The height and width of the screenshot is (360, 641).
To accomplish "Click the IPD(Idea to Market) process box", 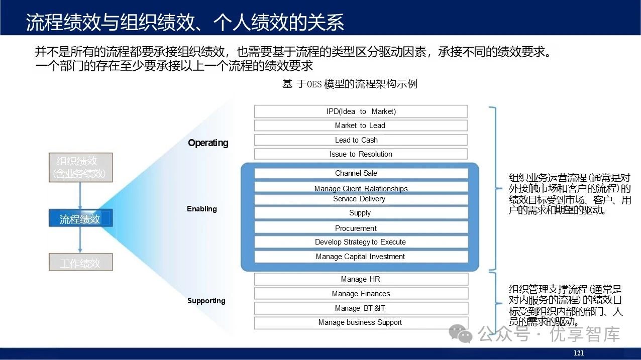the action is (x=361, y=111).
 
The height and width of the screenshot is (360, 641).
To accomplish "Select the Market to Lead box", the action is (x=361, y=126).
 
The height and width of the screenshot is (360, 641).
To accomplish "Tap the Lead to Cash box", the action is (x=361, y=140).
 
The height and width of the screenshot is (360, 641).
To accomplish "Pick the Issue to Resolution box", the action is (x=361, y=154).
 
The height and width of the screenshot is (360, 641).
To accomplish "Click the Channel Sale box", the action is (x=361, y=173).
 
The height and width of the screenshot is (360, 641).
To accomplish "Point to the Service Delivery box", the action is (x=361, y=199).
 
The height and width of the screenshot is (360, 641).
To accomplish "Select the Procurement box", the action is (x=361, y=228).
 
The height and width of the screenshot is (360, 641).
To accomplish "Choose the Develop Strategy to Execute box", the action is (x=361, y=242).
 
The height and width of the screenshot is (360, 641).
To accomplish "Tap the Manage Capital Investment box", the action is (x=361, y=257).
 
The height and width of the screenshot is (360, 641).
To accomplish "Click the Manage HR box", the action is (x=361, y=279).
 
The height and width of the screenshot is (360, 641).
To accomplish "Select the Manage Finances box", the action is (x=361, y=294).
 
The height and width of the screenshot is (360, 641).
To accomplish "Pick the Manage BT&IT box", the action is (x=361, y=308).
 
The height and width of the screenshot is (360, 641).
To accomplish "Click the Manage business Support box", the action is (x=361, y=322).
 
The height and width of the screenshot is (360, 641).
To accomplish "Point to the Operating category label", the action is (x=208, y=143).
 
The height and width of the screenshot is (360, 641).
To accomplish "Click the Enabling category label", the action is (x=202, y=209).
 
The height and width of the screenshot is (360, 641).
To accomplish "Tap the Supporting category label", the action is (x=206, y=301).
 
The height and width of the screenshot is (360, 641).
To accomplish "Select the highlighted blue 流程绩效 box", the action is (x=80, y=219).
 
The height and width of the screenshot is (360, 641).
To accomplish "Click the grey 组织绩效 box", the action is (x=80, y=168).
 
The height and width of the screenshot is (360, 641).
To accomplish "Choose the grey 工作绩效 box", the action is (x=80, y=263).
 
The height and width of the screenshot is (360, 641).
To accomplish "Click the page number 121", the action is (x=579, y=353).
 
